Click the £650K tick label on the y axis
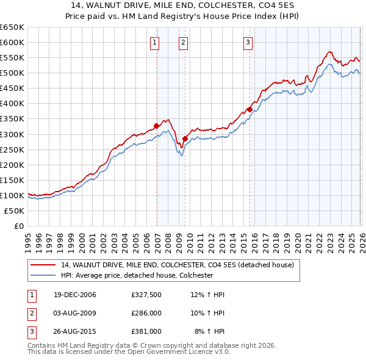click(12, 27)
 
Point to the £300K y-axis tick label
click(12, 134)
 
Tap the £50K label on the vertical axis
click(15, 211)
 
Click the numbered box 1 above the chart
click(155, 42)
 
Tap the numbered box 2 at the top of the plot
click(184, 42)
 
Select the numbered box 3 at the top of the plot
click(248, 42)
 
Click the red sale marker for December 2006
click(157, 126)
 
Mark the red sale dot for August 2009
click(185, 139)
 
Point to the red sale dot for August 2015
click(249, 109)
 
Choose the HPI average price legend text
click(137, 275)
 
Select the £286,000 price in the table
click(146, 314)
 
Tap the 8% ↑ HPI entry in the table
click(209, 332)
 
